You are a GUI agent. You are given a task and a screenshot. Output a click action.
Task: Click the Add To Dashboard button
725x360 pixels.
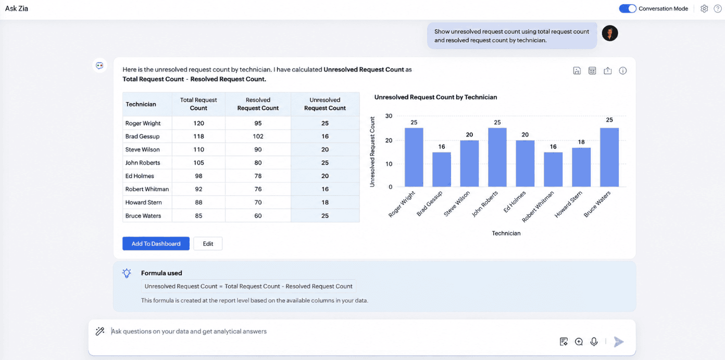(156, 243)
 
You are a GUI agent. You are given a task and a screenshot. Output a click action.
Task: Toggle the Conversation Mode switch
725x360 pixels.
(627, 9)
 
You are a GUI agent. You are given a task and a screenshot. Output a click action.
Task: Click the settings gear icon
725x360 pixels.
(704, 9)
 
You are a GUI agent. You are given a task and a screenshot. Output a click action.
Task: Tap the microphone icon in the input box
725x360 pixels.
(594, 342)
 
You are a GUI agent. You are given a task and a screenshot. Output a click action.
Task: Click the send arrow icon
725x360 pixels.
(619, 342)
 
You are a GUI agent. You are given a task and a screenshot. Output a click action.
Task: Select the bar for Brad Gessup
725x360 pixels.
(442, 169)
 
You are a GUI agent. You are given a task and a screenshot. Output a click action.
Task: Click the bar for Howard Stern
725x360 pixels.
(581, 167)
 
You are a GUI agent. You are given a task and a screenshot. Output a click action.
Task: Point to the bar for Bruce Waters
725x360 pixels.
(609, 157)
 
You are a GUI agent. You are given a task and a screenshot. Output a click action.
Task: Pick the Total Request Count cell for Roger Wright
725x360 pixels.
(199, 123)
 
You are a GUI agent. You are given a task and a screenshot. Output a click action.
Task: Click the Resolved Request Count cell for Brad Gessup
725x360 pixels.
(258, 136)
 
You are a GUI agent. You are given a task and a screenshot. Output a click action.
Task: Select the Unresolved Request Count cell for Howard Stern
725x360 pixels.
(325, 202)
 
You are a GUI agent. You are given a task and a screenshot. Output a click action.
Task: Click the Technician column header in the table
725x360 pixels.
(141, 104)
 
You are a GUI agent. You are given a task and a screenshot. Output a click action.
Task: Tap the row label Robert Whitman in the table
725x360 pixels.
(147, 189)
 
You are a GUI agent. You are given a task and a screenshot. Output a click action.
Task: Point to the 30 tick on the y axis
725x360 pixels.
(389, 116)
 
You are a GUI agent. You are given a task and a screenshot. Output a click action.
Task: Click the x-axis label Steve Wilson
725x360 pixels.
(457, 204)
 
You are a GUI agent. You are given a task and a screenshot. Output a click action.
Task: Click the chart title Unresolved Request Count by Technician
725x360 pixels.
(435, 97)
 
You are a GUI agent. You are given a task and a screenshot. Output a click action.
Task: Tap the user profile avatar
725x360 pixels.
(610, 33)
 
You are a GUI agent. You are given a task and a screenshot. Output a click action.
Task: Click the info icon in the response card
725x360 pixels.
(623, 70)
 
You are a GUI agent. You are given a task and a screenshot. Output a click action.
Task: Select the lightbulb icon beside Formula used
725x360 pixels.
(127, 273)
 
